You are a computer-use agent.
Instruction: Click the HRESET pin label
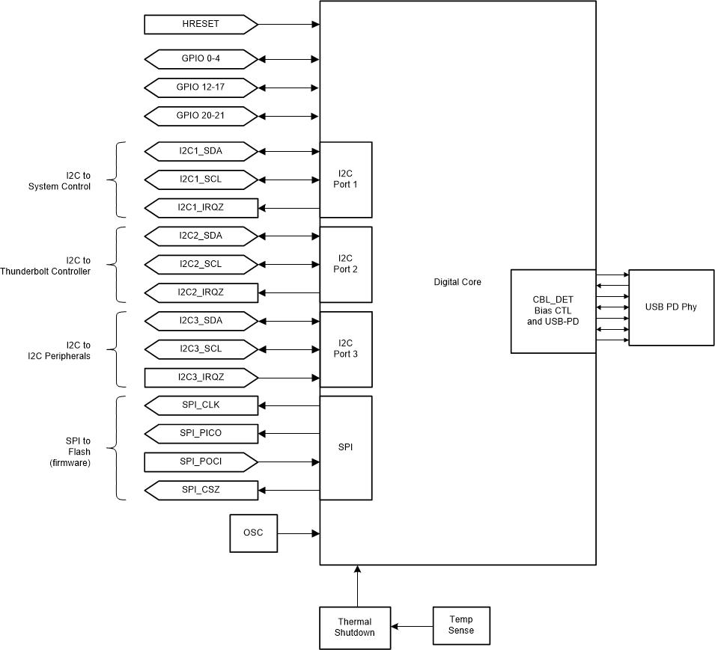pos(201,25)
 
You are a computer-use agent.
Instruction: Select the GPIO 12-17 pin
pos(201,87)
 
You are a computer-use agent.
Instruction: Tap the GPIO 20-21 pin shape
pos(201,115)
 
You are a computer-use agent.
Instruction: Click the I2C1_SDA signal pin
pos(201,151)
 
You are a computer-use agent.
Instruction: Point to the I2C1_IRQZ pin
pos(201,208)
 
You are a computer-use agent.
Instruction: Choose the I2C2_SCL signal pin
pos(201,264)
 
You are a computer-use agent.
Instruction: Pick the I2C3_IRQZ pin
pos(201,377)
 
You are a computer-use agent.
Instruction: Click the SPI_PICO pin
pos(201,433)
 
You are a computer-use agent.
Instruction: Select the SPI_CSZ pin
pos(201,490)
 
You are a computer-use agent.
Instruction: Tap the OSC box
pos(253,533)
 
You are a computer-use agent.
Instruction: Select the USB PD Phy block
pos(671,307)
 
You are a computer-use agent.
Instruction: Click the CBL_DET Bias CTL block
pos(553,311)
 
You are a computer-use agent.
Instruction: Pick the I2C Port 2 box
pos(345,264)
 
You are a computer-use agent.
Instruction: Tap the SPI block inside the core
pos(345,447)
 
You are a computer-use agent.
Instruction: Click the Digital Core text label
pos(457,282)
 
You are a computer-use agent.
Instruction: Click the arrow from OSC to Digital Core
pos(298,533)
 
